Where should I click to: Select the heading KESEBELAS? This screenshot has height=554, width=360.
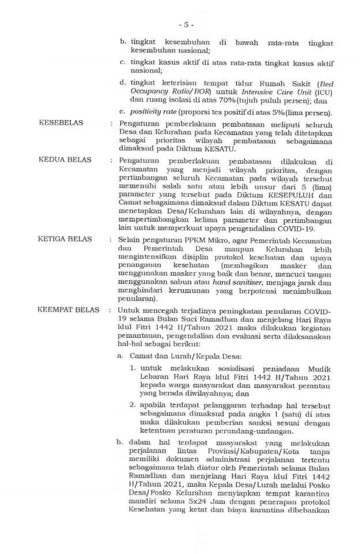[x=61, y=123]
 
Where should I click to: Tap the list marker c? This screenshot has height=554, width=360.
[x=123, y=62]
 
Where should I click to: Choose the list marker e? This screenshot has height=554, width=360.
[x=123, y=111]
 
